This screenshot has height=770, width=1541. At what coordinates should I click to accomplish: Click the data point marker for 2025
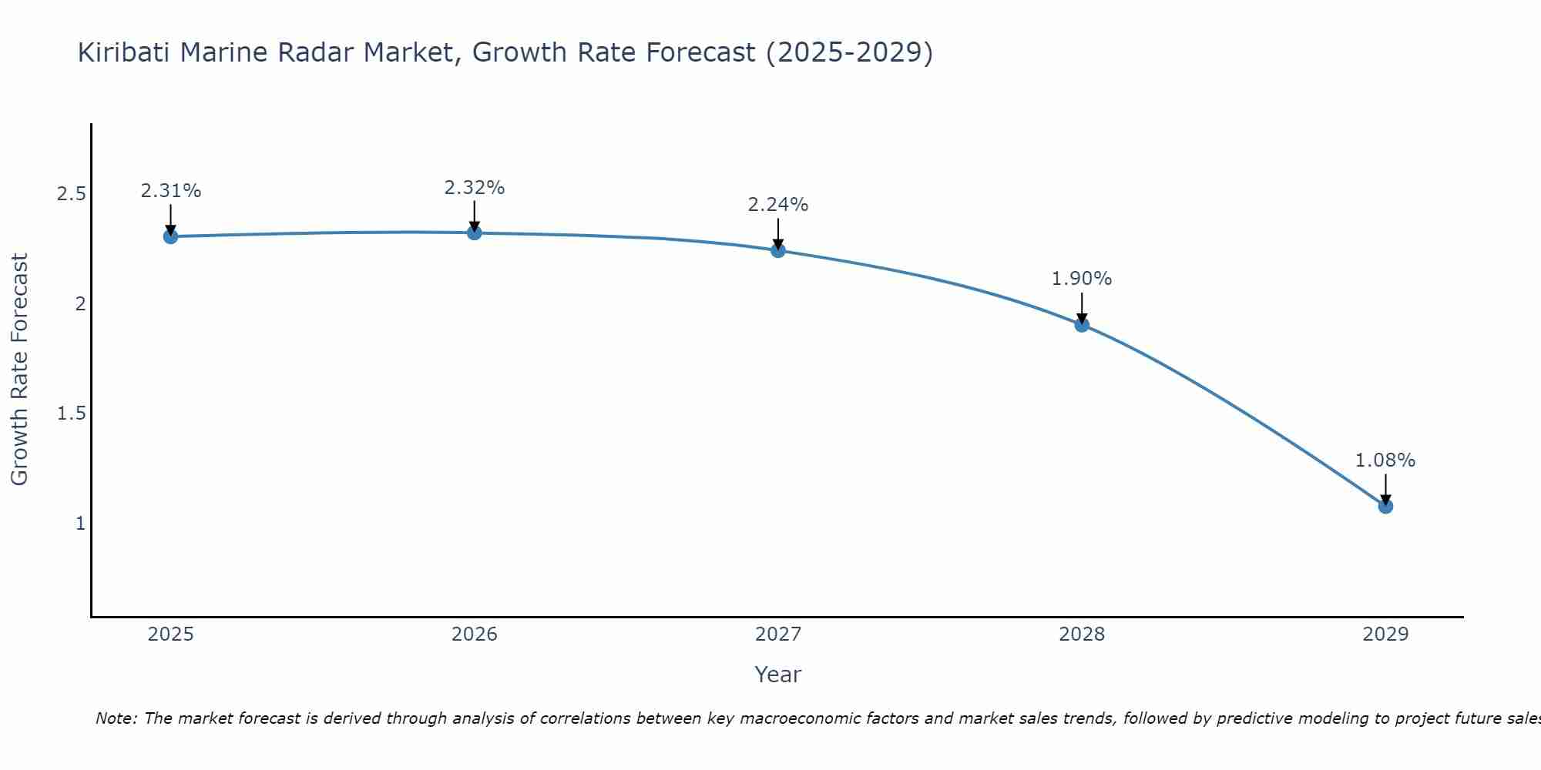tap(171, 236)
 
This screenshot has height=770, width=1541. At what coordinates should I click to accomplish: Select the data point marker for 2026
tap(475, 233)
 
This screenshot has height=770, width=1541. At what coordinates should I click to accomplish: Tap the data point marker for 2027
tap(778, 250)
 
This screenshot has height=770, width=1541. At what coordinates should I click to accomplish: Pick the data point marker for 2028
tap(1082, 325)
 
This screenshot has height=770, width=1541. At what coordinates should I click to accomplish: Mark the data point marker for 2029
tap(1385, 506)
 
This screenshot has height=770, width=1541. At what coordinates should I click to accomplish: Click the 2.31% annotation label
tap(171, 191)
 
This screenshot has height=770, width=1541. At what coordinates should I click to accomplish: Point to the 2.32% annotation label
tap(475, 188)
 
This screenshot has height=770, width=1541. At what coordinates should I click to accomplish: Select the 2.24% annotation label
tap(778, 205)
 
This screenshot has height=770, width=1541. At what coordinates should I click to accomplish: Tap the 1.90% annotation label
tap(1082, 279)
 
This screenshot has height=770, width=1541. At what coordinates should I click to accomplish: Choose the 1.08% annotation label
tap(1385, 460)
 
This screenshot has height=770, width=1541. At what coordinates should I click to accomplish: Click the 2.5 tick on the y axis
tap(71, 194)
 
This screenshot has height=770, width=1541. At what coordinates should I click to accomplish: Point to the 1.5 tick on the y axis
tap(71, 414)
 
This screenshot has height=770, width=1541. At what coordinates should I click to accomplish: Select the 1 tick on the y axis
tap(80, 524)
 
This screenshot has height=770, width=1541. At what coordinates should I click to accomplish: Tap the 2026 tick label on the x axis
tap(475, 634)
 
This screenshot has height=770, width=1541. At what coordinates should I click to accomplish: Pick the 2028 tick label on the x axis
tap(1082, 634)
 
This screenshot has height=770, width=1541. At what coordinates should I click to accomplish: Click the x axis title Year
tap(778, 675)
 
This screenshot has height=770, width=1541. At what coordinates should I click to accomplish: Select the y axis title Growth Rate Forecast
tap(20, 370)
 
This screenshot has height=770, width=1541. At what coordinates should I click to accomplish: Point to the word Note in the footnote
tap(116, 718)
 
